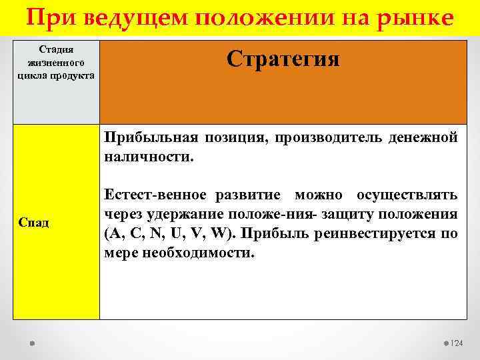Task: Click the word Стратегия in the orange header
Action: pos(283,59)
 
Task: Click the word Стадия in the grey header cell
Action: pos(56,49)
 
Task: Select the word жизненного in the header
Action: pos(56,62)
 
